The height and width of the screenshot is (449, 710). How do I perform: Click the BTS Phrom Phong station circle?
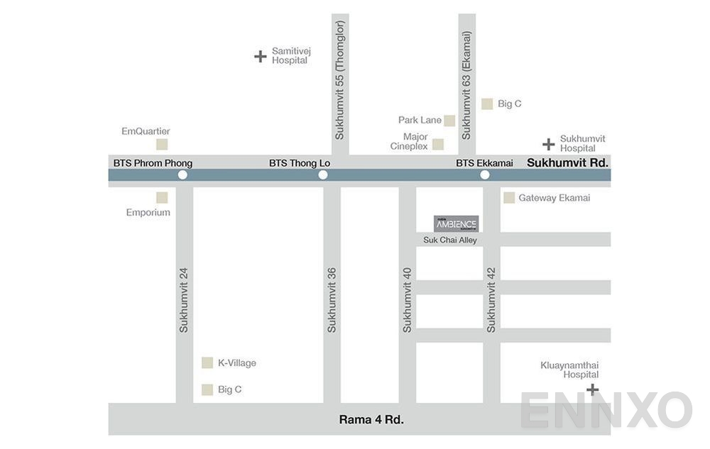coord(182,174)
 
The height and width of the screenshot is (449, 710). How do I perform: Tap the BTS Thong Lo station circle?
coord(323,174)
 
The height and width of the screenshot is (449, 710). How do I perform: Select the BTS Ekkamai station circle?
coord(485,174)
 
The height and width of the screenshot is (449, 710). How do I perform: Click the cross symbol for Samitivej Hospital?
coord(261,56)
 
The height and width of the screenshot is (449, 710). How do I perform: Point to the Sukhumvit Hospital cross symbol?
coord(548,145)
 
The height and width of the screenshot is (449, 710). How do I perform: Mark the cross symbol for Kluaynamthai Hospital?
coord(592,389)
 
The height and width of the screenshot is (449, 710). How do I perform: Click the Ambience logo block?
coord(456,224)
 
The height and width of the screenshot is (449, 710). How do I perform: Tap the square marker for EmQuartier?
coord(162,145)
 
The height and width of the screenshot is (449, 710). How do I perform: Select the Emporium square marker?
coord(162,198)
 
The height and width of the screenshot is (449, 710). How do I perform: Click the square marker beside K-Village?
coord(207,363)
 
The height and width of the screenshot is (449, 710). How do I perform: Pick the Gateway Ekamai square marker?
coord(509,198)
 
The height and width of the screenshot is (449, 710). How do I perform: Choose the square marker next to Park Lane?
coord(449,121)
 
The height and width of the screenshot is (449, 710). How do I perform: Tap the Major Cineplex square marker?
coord(438,145)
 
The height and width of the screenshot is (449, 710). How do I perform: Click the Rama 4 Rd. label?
coord(371,419)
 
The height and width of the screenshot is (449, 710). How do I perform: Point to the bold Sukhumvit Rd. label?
coord(567,162)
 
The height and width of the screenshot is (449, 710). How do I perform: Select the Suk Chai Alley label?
coord(450,240)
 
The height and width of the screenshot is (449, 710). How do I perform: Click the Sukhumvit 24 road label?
coord(184,299)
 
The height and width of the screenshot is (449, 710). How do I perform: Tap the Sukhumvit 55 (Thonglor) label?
coord(339,79)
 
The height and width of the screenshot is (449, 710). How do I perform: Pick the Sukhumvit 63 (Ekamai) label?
coord(466,85)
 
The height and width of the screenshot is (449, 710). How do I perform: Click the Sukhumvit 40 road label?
coord(407,299)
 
